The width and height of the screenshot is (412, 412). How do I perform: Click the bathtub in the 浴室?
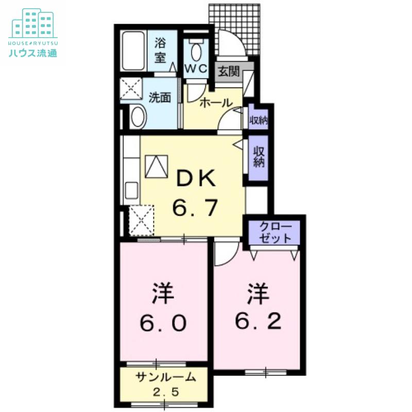pos(133,50)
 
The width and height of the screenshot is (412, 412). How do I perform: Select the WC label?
pos(196,69)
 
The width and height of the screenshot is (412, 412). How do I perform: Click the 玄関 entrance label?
pos(229,71)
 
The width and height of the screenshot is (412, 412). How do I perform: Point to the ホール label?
pos(216,103)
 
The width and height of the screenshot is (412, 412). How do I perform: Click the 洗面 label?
pos(160,97)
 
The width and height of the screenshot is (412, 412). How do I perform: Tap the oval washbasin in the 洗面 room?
pos(138,117)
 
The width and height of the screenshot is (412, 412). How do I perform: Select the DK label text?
pos(196,178)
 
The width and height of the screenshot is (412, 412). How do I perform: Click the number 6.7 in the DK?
pos(195,207)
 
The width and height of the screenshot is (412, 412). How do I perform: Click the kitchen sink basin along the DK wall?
pos(131,191)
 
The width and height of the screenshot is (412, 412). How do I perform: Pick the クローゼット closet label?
pos(275,232)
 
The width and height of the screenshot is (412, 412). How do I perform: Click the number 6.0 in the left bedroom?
pos(163,323)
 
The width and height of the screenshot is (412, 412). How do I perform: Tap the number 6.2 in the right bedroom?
pos(258,321)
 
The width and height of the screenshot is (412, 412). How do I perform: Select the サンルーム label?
pos(166,377)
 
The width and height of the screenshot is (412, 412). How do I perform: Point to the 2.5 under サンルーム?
pos(166,392)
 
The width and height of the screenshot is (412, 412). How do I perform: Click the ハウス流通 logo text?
pos(33,54)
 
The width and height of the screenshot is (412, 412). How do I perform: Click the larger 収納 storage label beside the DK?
pos(259,157)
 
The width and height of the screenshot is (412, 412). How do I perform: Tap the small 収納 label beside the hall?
pos(259,121)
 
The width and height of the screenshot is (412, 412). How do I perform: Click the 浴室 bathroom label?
pos(160,50)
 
